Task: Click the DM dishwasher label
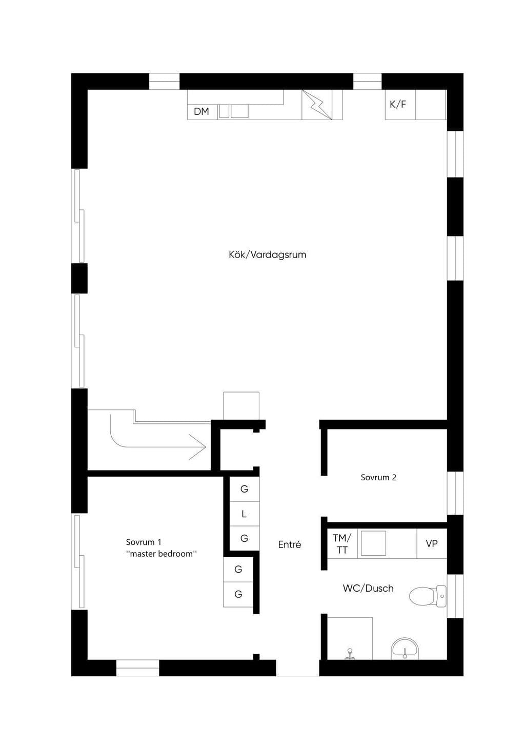click(x=201, y=111)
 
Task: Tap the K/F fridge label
click(x=398, y=105)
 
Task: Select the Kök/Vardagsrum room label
click(x=268, y=255)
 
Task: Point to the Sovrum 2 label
click(x=378, y=477)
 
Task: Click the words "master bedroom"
click(x=161, y=554)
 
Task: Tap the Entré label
click(x=290, y=544)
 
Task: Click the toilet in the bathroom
click(x=428, y=596)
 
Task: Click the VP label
click(x=432, y=543)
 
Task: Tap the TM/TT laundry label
click(x=342, y=544)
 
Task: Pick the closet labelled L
click(x=244, y=514)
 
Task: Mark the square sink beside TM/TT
click(x=373, y=543)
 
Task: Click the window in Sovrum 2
click(x=455, y=493)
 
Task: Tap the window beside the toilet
click(x=455, y=596)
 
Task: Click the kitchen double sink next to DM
click(x=234, y=111)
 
